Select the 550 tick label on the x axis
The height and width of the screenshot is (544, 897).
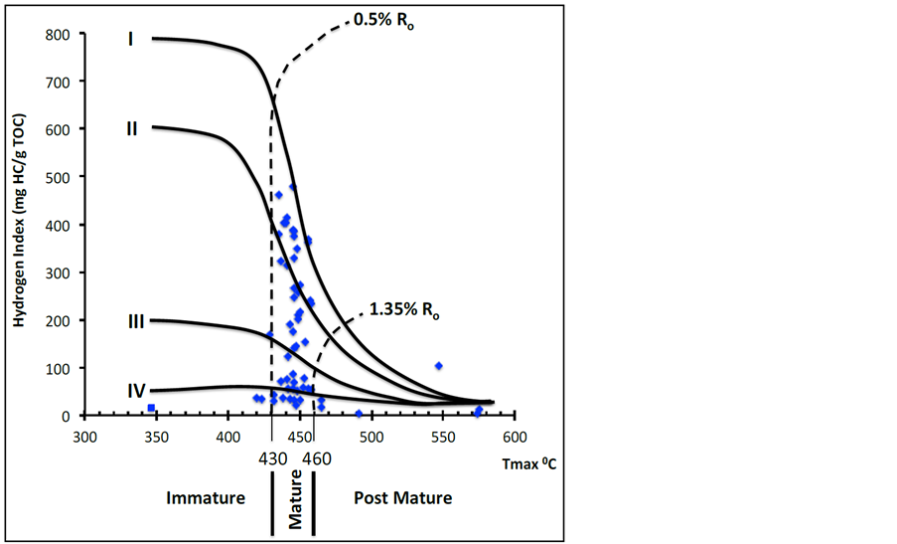[x=442, y=437]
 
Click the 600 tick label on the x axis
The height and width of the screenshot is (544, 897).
[x=514, y=437]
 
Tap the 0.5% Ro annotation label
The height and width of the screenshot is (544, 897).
[x=382, y=20]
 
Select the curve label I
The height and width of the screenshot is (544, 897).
[x=130, y=40]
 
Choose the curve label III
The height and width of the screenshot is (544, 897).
[x=135, y=321]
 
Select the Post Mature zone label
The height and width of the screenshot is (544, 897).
[x=402, y=497]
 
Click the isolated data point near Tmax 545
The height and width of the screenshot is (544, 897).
[x=438, y=366]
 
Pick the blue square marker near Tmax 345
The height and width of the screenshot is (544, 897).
[x=151, y=408]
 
